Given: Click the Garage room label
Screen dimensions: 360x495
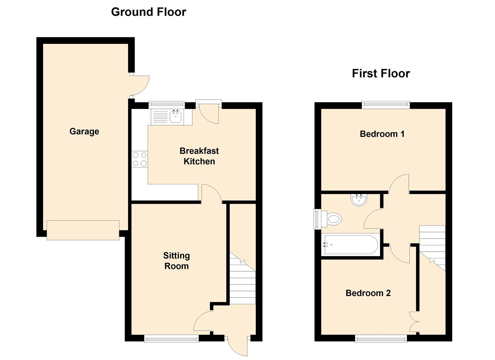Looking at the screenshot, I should pos(84,131).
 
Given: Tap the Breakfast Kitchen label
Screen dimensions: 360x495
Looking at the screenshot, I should pos(199,156).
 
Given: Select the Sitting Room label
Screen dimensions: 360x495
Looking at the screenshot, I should pos(176,261).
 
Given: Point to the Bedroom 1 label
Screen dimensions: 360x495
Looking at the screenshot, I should pos(382,134).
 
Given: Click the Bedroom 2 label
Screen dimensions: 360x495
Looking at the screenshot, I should pos(368,293).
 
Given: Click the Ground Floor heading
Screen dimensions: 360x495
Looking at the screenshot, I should pos(148,12).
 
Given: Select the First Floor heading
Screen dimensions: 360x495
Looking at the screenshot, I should pos(381,73).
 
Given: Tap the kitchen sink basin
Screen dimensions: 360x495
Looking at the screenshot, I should pos(175,117).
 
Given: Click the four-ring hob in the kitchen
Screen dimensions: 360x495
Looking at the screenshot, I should pos(140,159).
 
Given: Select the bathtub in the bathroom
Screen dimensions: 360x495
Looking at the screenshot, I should pos(351,245).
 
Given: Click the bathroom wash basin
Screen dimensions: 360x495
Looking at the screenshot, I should pos(359,200).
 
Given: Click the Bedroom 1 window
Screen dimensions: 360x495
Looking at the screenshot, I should pos(386,105).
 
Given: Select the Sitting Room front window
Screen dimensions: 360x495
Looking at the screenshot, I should pos(171,339).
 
